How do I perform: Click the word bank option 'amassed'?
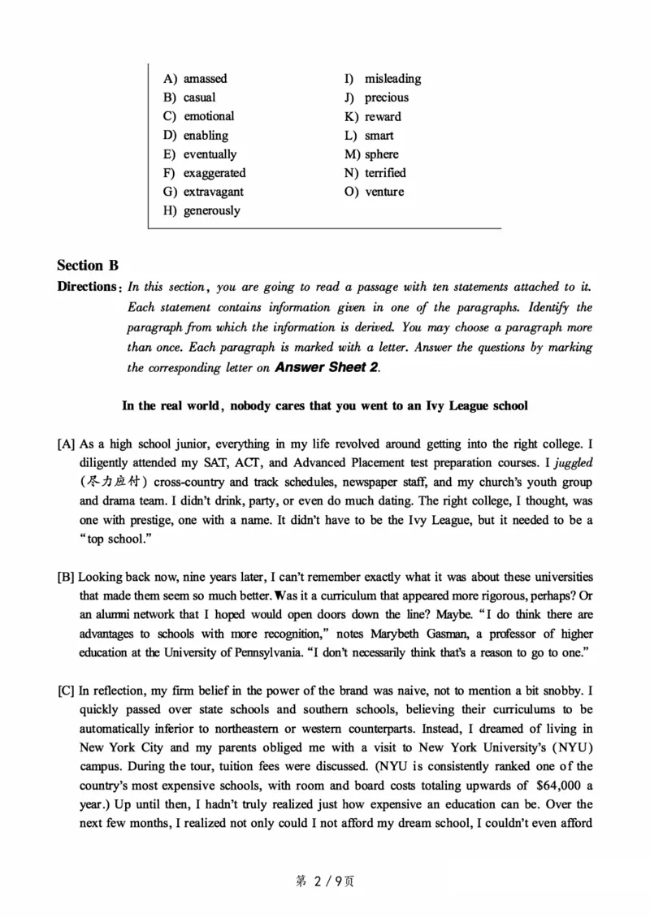[205, 79]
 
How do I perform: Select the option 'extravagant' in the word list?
[213, 192]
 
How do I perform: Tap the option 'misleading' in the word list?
[392, 79]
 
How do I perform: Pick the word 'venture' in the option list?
[383, 192]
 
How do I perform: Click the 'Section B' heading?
[88, 265]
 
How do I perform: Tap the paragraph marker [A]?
[66, 444]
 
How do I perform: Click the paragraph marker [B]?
[66, 577]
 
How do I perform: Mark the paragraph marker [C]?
[66, 691]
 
